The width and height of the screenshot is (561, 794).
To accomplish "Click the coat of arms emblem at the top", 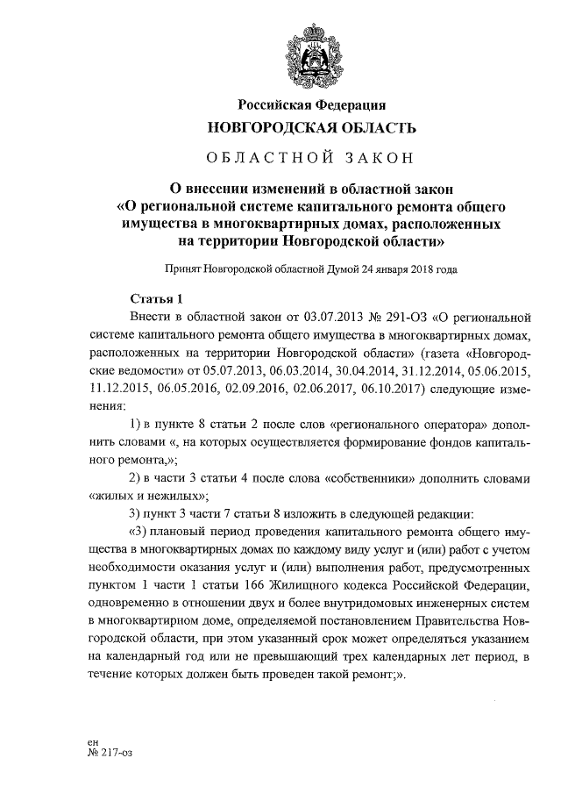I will [311, 54].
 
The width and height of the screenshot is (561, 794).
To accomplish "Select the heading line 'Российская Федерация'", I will [311, 106].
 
